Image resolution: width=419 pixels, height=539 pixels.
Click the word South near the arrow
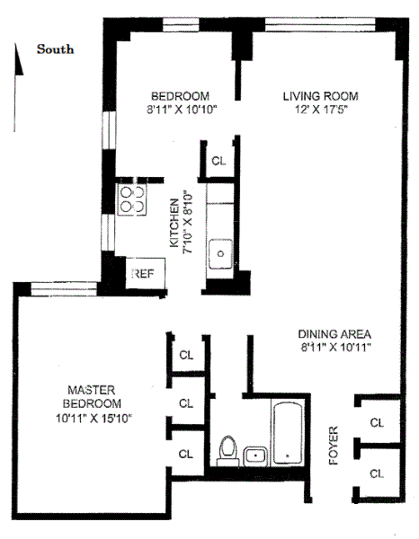coord(55,49)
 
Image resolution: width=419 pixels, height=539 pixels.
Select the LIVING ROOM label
coord(320,96)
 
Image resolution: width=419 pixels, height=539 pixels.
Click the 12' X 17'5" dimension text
coord(321,110)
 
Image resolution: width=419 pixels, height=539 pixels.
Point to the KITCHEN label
coord(174,223)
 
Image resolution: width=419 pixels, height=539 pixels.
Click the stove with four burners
coord(132,199)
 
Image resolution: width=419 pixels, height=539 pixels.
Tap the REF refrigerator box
coord(144,272)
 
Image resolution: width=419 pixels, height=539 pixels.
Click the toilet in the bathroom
coord(228,448)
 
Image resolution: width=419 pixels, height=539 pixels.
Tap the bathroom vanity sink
coord(255,454)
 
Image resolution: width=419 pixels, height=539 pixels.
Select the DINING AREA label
coord(334,332)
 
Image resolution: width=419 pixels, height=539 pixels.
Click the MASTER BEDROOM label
coord(92,396)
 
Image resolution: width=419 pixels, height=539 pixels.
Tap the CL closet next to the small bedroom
coord(218,161)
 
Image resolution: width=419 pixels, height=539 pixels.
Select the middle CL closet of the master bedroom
coord(186,403)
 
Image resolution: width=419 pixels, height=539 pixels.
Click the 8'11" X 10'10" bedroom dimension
coord(180,110)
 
